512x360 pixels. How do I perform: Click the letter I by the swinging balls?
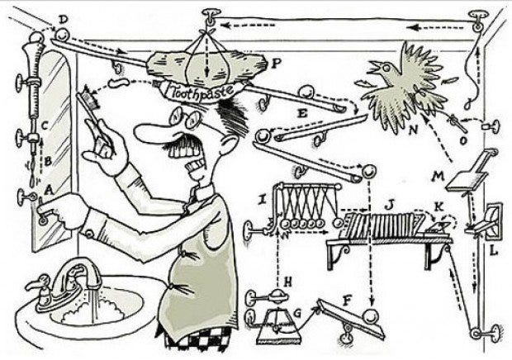tap(262, 200)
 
